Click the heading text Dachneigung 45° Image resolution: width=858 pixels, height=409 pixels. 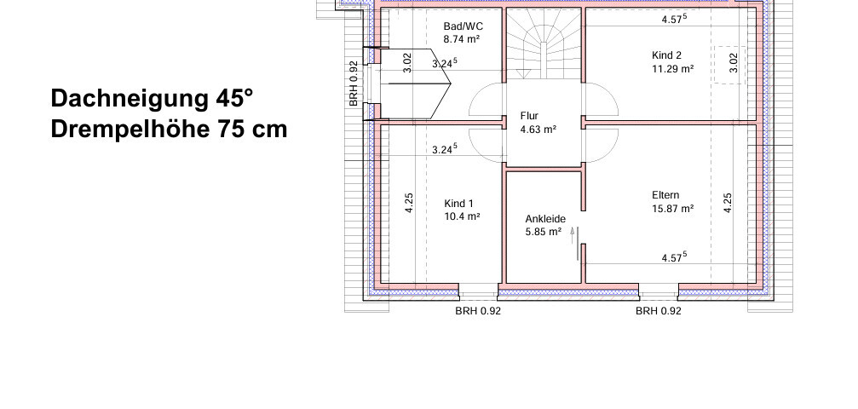153,99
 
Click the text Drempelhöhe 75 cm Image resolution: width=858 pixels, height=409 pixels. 169,130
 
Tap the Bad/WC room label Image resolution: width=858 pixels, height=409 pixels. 463,26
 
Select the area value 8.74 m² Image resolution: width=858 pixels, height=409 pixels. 462,39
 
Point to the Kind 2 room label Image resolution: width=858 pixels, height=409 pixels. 666,55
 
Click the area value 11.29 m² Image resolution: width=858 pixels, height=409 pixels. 672,68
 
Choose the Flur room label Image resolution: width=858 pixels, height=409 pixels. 529,116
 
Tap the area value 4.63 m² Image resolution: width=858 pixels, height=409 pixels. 538,130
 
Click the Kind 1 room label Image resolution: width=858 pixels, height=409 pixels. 458,204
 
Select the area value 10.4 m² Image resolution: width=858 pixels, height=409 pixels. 462,216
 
